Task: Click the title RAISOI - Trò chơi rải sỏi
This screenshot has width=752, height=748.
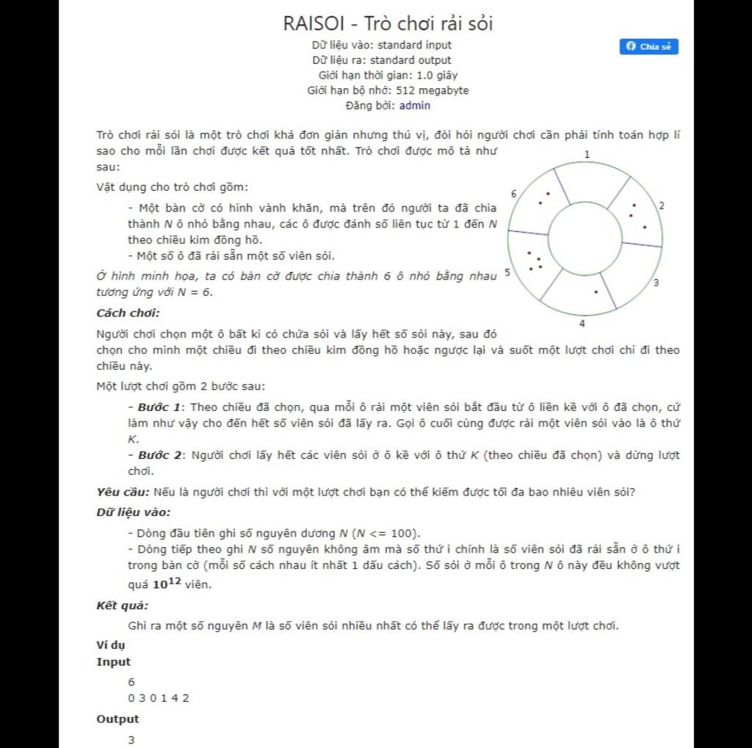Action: click(388, 23)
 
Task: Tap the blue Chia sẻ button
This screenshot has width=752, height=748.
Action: click(649, 47)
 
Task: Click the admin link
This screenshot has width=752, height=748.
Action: click(415, 106)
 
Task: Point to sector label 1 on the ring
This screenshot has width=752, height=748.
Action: click(587, 154)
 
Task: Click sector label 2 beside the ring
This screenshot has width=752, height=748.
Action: click(662, 206)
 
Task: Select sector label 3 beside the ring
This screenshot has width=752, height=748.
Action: click(656, 283)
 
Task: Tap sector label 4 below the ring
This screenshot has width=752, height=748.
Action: click(582, 323)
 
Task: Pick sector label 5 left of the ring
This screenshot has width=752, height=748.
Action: click(507, 272)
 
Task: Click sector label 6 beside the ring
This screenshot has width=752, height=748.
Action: click(513, 193)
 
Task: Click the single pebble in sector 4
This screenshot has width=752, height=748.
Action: click(596, 292)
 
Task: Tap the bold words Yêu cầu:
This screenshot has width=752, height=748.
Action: click(123, 492)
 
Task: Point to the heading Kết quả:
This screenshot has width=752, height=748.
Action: click(123, 606)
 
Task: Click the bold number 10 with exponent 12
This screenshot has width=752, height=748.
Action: click(166, 584)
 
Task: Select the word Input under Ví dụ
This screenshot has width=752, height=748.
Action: click(114, 661)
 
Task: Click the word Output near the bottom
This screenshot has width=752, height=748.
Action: click(117, 719)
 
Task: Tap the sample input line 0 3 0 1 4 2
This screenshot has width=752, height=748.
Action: click(159, 698)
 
